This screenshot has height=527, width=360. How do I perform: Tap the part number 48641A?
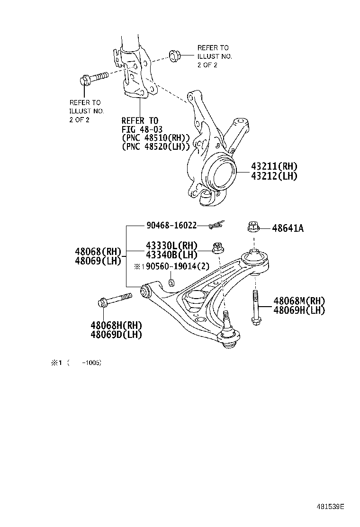click(288, 228)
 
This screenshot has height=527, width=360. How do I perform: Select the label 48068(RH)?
click(98, 251)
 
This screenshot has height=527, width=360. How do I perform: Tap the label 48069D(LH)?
click(117, 334)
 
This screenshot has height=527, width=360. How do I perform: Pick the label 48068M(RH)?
click(299, 301)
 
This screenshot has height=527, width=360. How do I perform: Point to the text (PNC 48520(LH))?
click(156, 146)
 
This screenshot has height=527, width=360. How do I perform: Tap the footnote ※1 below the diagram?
click(56, 363)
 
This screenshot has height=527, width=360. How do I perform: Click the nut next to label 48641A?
click(253, 228)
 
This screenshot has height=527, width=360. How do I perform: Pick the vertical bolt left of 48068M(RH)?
click(255, 311)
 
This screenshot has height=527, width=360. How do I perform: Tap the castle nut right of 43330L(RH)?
click(218, 247)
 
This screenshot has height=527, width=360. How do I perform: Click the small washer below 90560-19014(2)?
click(172, 283)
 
